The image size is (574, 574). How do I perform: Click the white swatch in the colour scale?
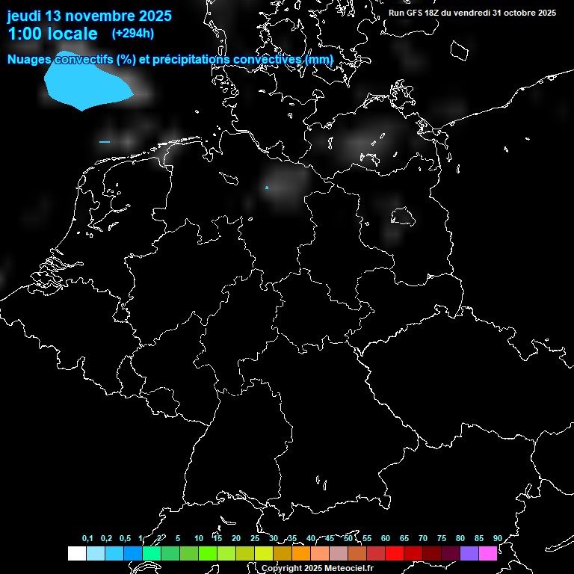coord(76,553)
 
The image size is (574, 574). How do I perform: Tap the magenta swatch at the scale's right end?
coord(488,553)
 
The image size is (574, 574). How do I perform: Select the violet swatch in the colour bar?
coord(469,553)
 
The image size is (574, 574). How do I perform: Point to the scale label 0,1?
coord(87,539)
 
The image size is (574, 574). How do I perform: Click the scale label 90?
coord(497,539)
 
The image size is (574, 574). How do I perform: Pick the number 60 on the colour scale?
coord(386,539)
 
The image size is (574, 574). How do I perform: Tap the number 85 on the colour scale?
coord(478,539)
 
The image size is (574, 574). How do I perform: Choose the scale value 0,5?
coord(125,539)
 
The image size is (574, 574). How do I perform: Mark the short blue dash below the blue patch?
coord(105,141)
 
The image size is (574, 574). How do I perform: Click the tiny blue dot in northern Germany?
coord(267,188)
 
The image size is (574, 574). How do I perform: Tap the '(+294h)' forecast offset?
coord(133,33)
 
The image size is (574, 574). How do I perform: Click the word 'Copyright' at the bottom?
coord(282,568)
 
